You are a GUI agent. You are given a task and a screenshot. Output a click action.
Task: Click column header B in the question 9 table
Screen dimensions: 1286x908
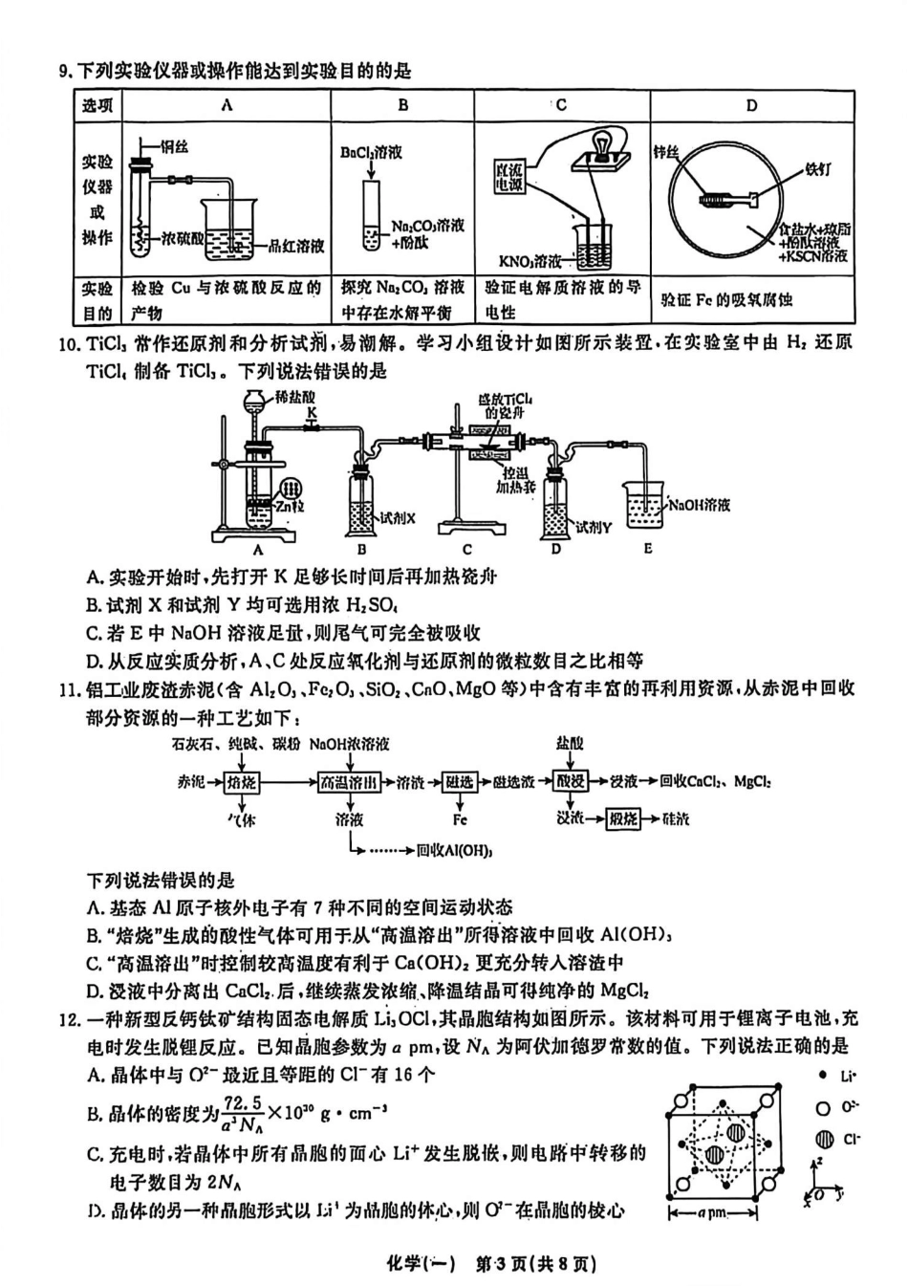[x=402, y=105]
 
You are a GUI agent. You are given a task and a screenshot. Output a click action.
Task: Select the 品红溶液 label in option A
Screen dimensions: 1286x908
[x=296, y=246]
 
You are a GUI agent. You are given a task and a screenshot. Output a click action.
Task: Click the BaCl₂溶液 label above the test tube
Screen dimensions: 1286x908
[x=371, y=152]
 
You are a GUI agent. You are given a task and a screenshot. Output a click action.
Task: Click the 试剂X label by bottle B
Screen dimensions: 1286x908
[x=398, y=518]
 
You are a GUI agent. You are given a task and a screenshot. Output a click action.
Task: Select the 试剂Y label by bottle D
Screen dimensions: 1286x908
[x=593, y=527]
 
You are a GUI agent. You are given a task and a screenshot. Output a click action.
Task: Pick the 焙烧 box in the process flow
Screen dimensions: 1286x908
[x=242, y=782]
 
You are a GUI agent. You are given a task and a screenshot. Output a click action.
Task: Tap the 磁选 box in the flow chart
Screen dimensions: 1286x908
[x=460, y=782]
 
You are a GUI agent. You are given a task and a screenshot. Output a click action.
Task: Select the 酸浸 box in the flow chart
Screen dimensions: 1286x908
[x=571, y=781]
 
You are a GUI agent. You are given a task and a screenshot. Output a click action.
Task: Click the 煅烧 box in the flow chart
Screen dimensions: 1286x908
[x=623, y=818]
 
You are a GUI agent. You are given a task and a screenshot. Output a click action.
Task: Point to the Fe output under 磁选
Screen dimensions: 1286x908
[x=460, y=819]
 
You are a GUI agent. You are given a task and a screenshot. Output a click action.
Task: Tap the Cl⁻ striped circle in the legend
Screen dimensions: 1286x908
[x=824, y=1139]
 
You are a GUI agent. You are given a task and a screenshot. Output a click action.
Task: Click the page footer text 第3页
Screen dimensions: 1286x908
[x=507, y=1264]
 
